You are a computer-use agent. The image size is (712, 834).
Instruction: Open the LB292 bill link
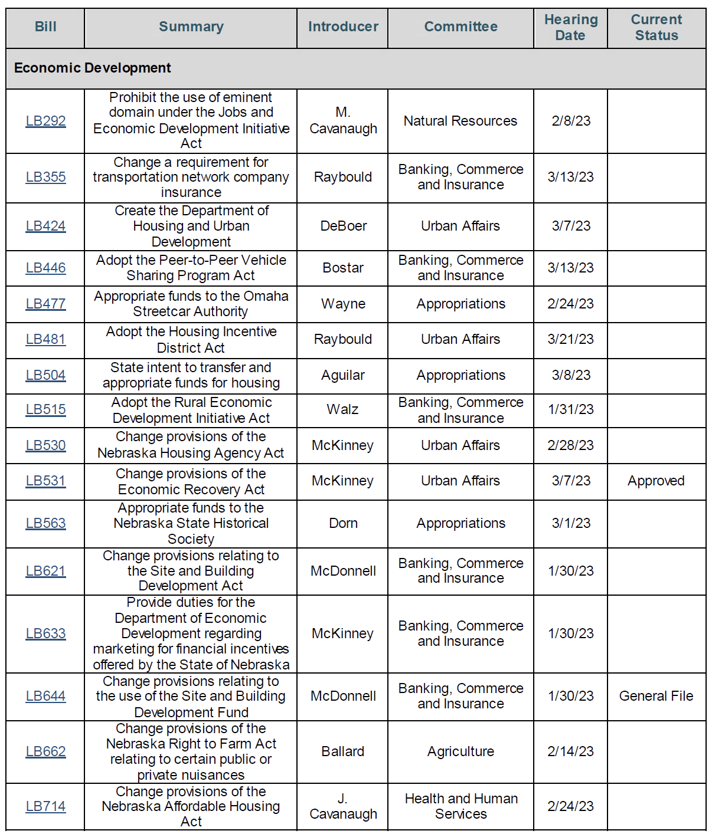click(45, 121)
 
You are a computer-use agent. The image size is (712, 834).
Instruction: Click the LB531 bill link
click(45, 481)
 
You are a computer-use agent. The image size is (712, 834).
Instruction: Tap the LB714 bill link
click(45, 806)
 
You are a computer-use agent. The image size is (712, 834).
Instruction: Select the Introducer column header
click(343, 27)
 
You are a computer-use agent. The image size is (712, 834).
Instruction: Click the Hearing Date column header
click(570, 28)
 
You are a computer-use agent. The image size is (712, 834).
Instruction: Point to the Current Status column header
click(657, 28)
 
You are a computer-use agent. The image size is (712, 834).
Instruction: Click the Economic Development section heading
click(93, 68)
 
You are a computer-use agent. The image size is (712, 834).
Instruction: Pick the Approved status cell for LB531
click(656, 481)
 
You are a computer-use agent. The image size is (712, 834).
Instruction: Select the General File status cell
click(656, 697)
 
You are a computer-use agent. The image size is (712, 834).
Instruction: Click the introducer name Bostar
click(343, 268)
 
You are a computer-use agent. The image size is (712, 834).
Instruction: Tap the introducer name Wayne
click(343, 304)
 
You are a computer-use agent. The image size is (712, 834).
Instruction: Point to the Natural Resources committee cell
click(460, 122)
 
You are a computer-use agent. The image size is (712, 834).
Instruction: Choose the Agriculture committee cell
click(460, 752)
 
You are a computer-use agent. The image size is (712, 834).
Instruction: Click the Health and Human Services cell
click(461, 806)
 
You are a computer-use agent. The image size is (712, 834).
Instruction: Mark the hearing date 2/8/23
click(571, 122)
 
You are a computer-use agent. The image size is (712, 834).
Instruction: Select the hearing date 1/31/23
click(571, 410)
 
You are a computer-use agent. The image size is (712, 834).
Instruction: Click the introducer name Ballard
click(343, 752)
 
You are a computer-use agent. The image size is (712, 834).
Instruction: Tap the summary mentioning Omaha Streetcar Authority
click(191, 304)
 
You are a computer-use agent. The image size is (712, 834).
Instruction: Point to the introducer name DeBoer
click(344, 226)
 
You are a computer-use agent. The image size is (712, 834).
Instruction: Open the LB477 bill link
click(45, 304)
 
